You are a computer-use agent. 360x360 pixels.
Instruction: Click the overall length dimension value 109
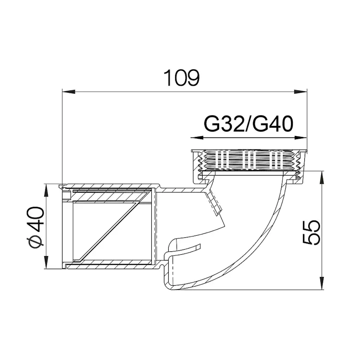pyautogui.click(x=181, y=78)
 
